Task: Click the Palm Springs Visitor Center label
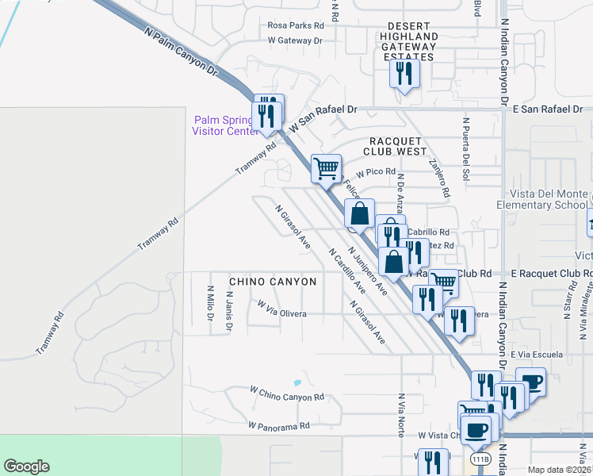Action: coord(223,125)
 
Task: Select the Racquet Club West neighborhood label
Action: coord(395,145)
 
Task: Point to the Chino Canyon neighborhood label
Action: coord(273,282)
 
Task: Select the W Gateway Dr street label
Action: coord(295,40)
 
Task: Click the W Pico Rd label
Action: coord(376,172)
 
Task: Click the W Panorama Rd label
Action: coord(277,426)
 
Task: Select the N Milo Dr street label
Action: coord(210,305)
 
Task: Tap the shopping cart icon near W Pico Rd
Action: coord(326,168)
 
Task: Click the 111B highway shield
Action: coord(480,459)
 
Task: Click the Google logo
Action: coord(26,466)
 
